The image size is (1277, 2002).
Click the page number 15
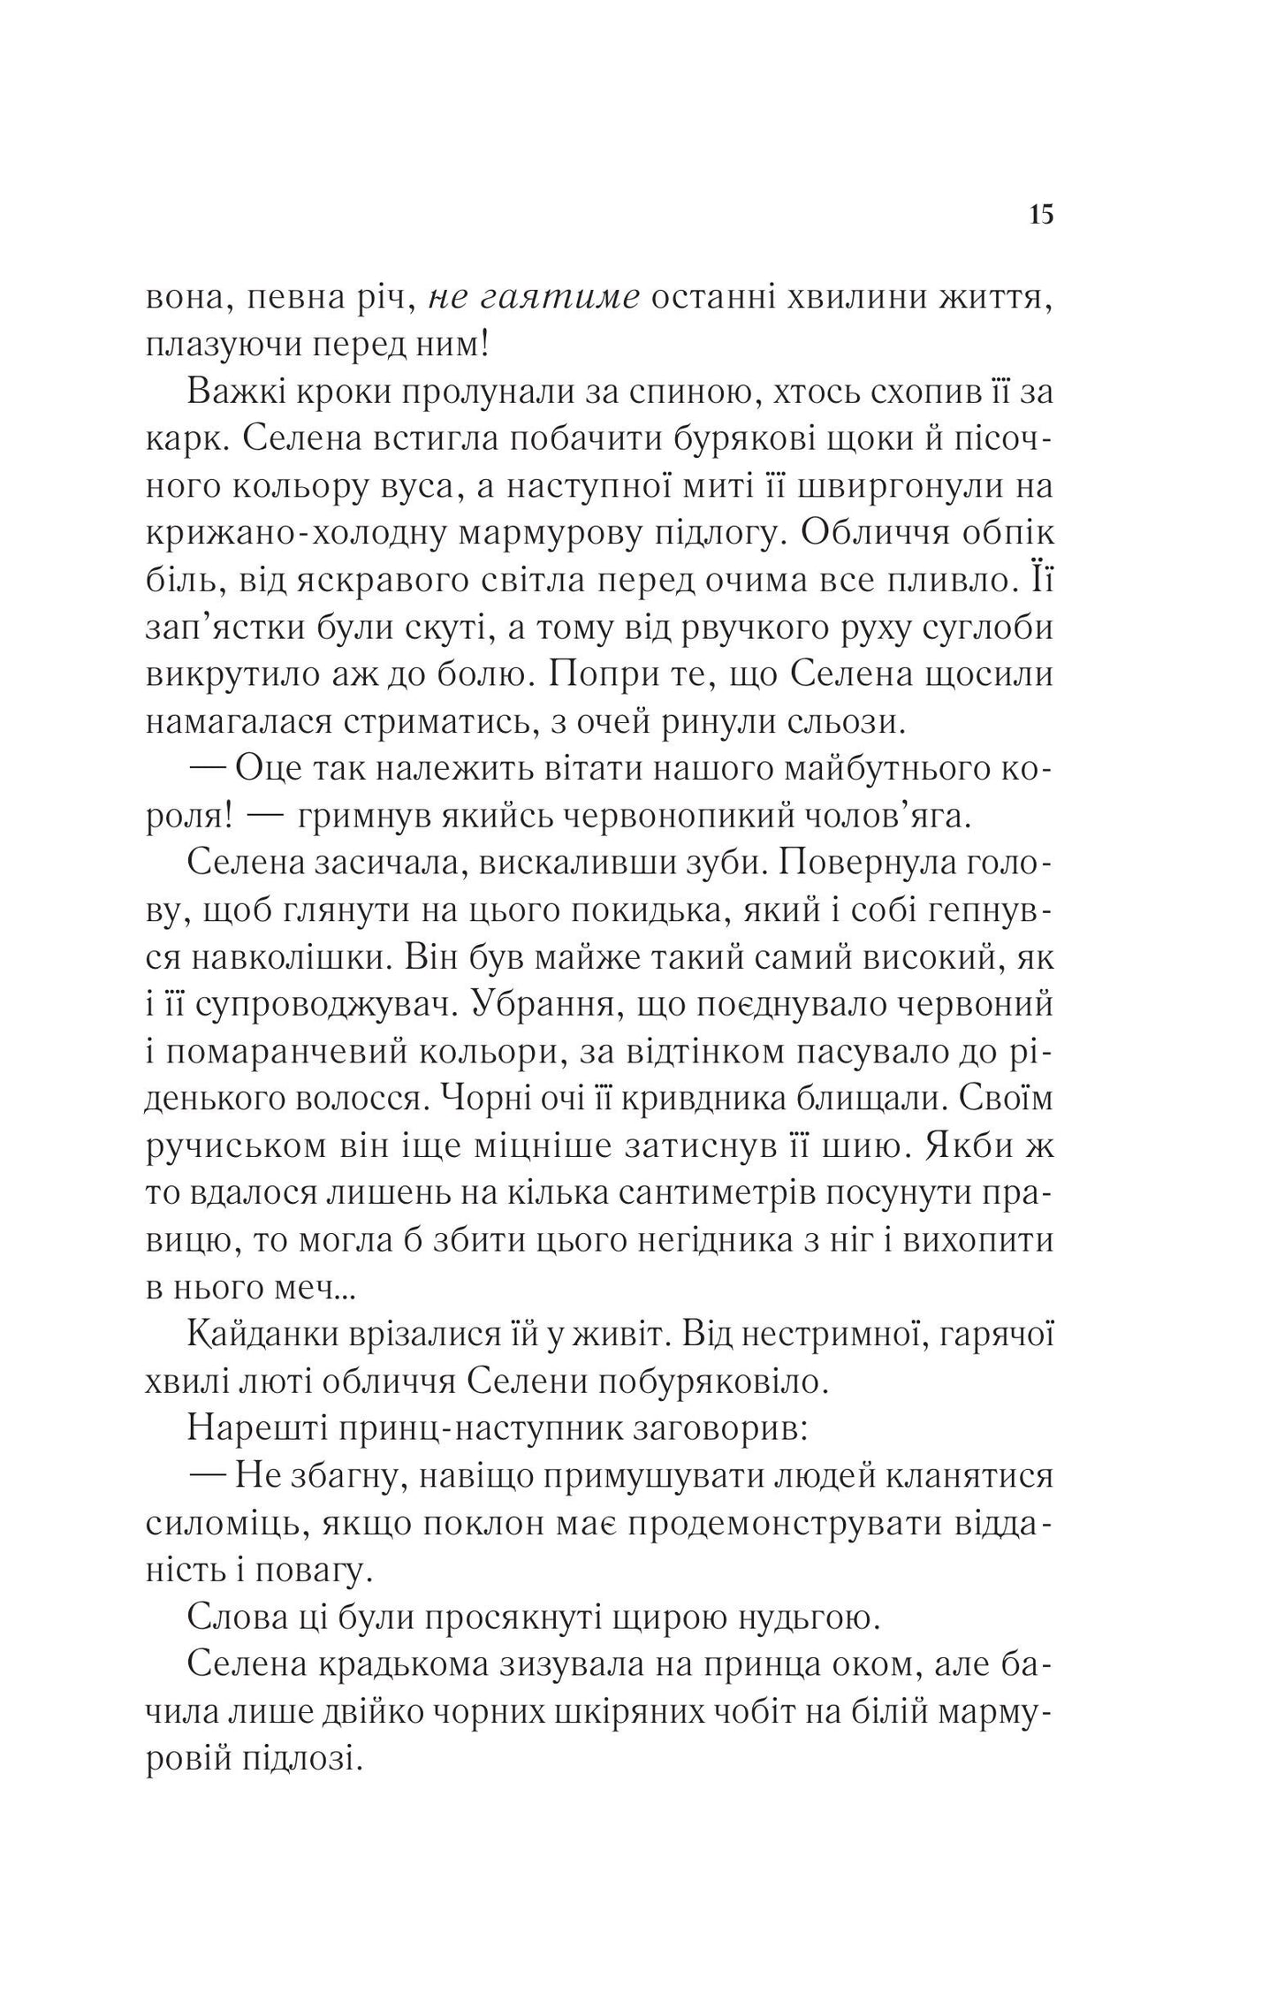pos(1041,214)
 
